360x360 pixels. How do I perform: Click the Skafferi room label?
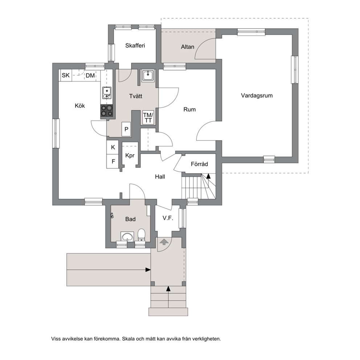pos(135,45)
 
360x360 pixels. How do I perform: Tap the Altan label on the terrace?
pos(187,47)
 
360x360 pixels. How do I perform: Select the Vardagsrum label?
pos(257,95)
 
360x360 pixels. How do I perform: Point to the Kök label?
pos(80,106)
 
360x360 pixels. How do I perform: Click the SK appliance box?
pos(66,75)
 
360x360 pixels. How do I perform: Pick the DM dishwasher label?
pos(90,75)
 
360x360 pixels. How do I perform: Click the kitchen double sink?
pos(107,93)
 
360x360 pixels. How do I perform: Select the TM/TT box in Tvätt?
pos(148,118)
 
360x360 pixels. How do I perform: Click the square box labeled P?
pos(126,129)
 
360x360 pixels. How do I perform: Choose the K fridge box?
pos(112,147)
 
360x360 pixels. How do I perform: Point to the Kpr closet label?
pos(130,155)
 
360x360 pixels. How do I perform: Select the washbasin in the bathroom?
pos(127,237)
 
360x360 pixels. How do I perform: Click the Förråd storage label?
pos(199,164)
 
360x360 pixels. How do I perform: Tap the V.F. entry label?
pos(168,218)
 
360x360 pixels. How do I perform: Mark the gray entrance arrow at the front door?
pos(164,241)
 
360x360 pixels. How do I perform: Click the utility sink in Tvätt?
pos(148,75)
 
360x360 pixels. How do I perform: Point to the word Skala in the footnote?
pos(128,339)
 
